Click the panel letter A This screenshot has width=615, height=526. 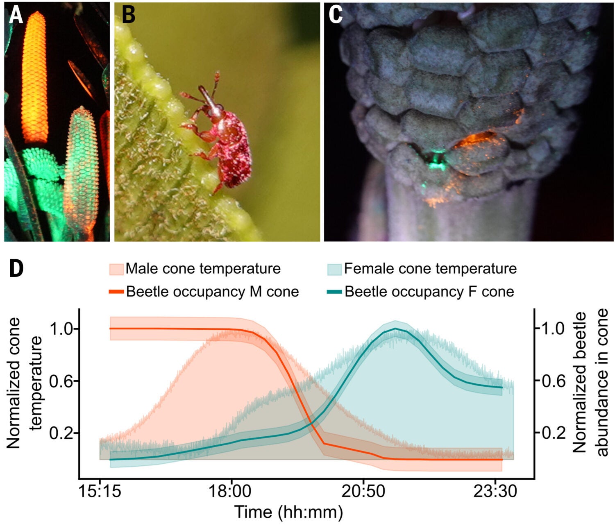point(16,15)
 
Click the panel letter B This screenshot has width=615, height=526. point(128,15)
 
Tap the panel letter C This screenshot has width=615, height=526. point(336,15)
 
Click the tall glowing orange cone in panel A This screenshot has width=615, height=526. point(35,78)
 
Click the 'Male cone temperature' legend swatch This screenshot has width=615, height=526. point(116,269)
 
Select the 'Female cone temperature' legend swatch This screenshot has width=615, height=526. point(334,269)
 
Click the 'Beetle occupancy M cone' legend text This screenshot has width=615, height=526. point(212,292)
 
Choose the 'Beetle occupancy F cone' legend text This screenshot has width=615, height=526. point(429,292)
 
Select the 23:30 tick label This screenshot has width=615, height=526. point(495,491)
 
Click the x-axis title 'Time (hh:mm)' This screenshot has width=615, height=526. point(288,512)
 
